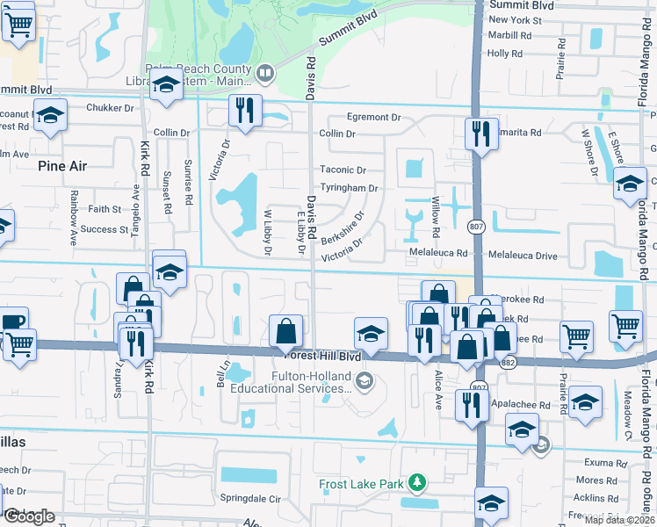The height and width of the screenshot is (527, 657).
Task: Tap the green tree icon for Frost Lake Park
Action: [420, 482]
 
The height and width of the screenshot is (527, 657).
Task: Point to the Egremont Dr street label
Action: [372, 117]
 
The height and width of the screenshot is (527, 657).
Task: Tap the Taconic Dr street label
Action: [343, 170]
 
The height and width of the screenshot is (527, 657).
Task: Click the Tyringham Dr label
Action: [349, 188]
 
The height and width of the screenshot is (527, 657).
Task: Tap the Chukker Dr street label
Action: [110, 109]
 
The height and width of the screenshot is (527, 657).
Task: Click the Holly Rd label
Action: [504, 54]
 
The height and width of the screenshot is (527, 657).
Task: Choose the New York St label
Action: [510, 19]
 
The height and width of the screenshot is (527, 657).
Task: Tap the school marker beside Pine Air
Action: [51, 116]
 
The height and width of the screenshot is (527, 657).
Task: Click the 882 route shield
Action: [508, 362]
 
